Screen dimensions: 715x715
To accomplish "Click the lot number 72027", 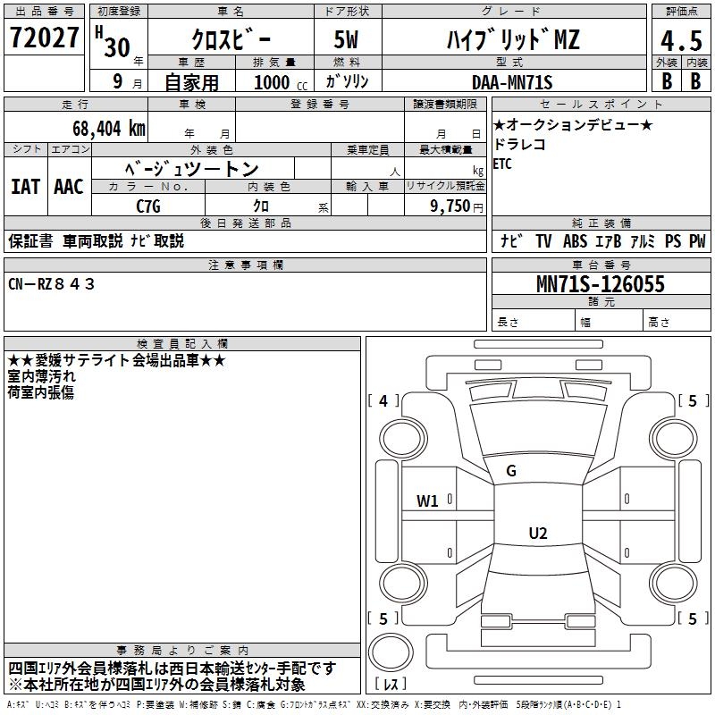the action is (44, 38).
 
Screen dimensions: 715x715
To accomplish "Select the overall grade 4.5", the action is (681, 41).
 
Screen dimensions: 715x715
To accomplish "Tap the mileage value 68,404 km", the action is (109, 129).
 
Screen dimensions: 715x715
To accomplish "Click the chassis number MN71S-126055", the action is (601, 284).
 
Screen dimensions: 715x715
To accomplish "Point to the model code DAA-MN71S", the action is (512, 82).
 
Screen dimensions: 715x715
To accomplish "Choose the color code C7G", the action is (148, 206).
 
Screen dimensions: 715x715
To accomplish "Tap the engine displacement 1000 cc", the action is (281, 82).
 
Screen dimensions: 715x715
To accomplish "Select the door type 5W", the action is (346, 39).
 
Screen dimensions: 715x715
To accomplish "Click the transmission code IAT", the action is (26, 187).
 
